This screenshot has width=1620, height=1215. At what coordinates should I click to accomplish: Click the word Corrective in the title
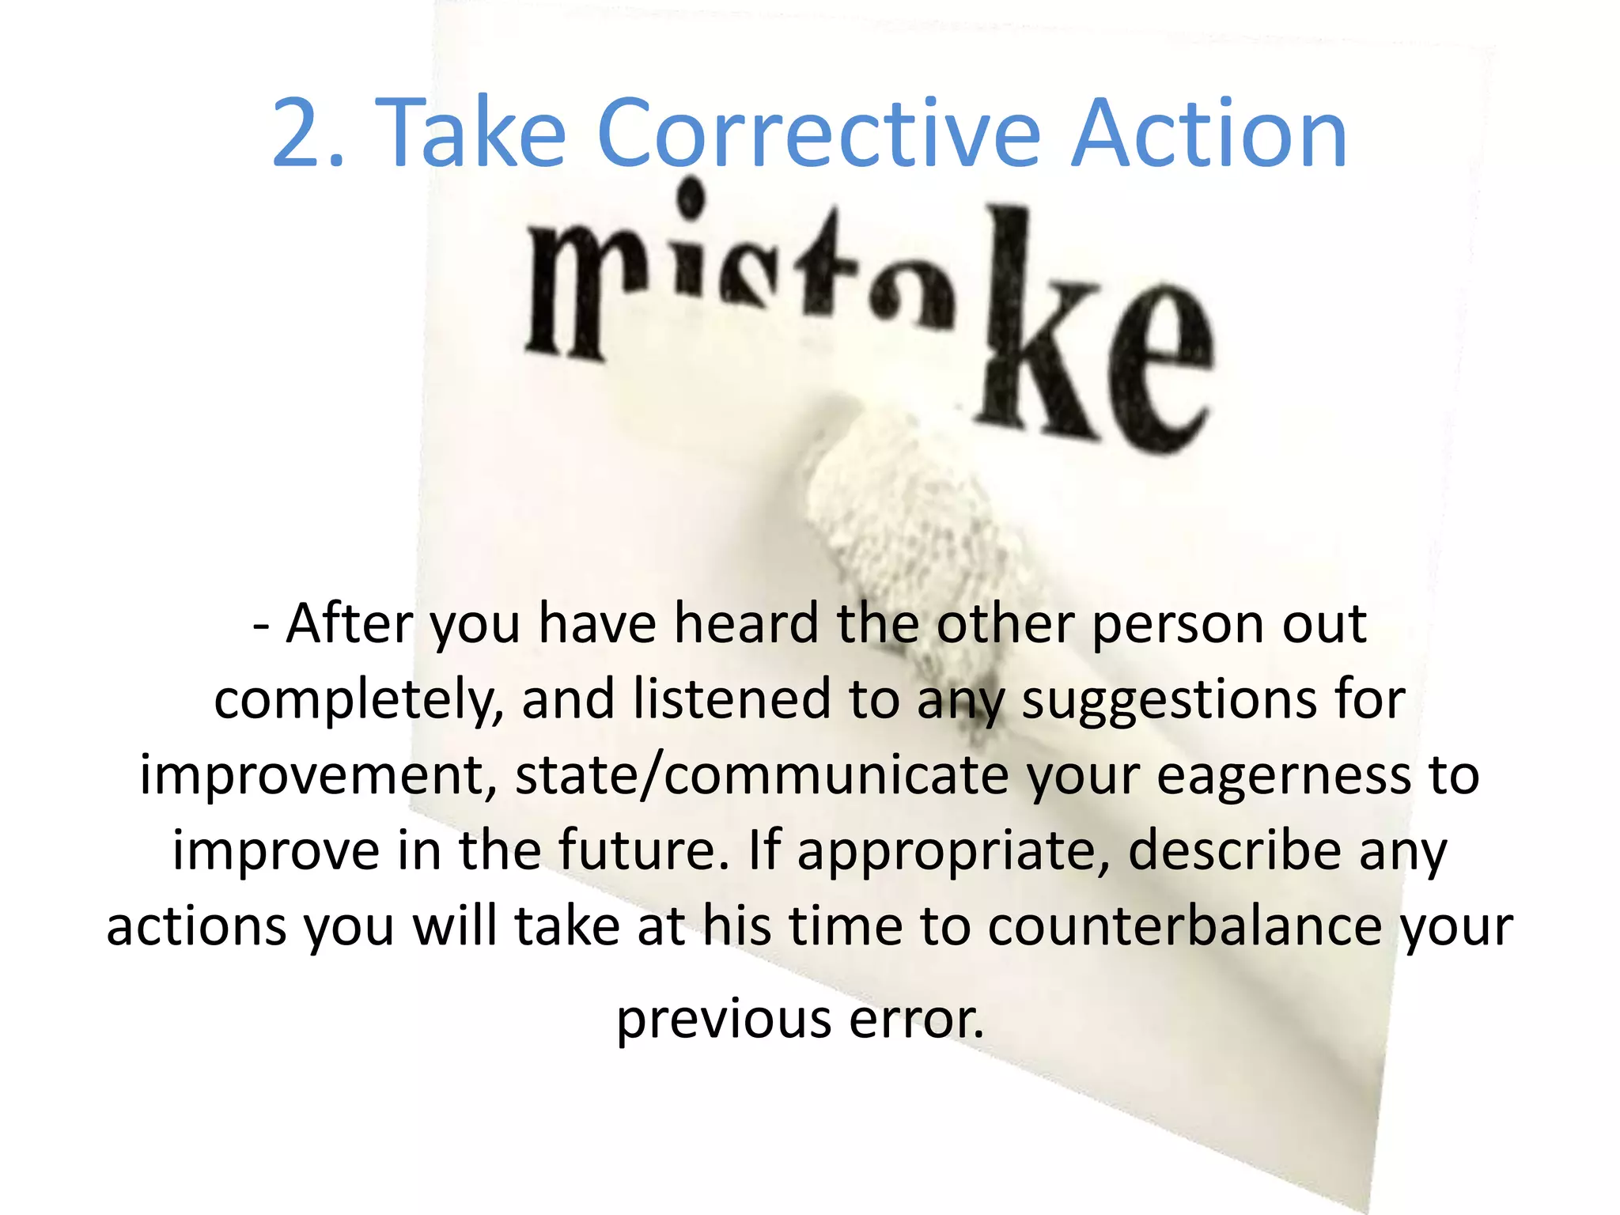[x=818, y=133]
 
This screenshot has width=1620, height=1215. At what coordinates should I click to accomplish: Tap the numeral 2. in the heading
[x=308, y=133]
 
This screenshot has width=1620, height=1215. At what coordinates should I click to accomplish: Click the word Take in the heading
[x=475, y=133]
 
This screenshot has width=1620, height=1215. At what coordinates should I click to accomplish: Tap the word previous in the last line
[x=723, y=1020]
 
